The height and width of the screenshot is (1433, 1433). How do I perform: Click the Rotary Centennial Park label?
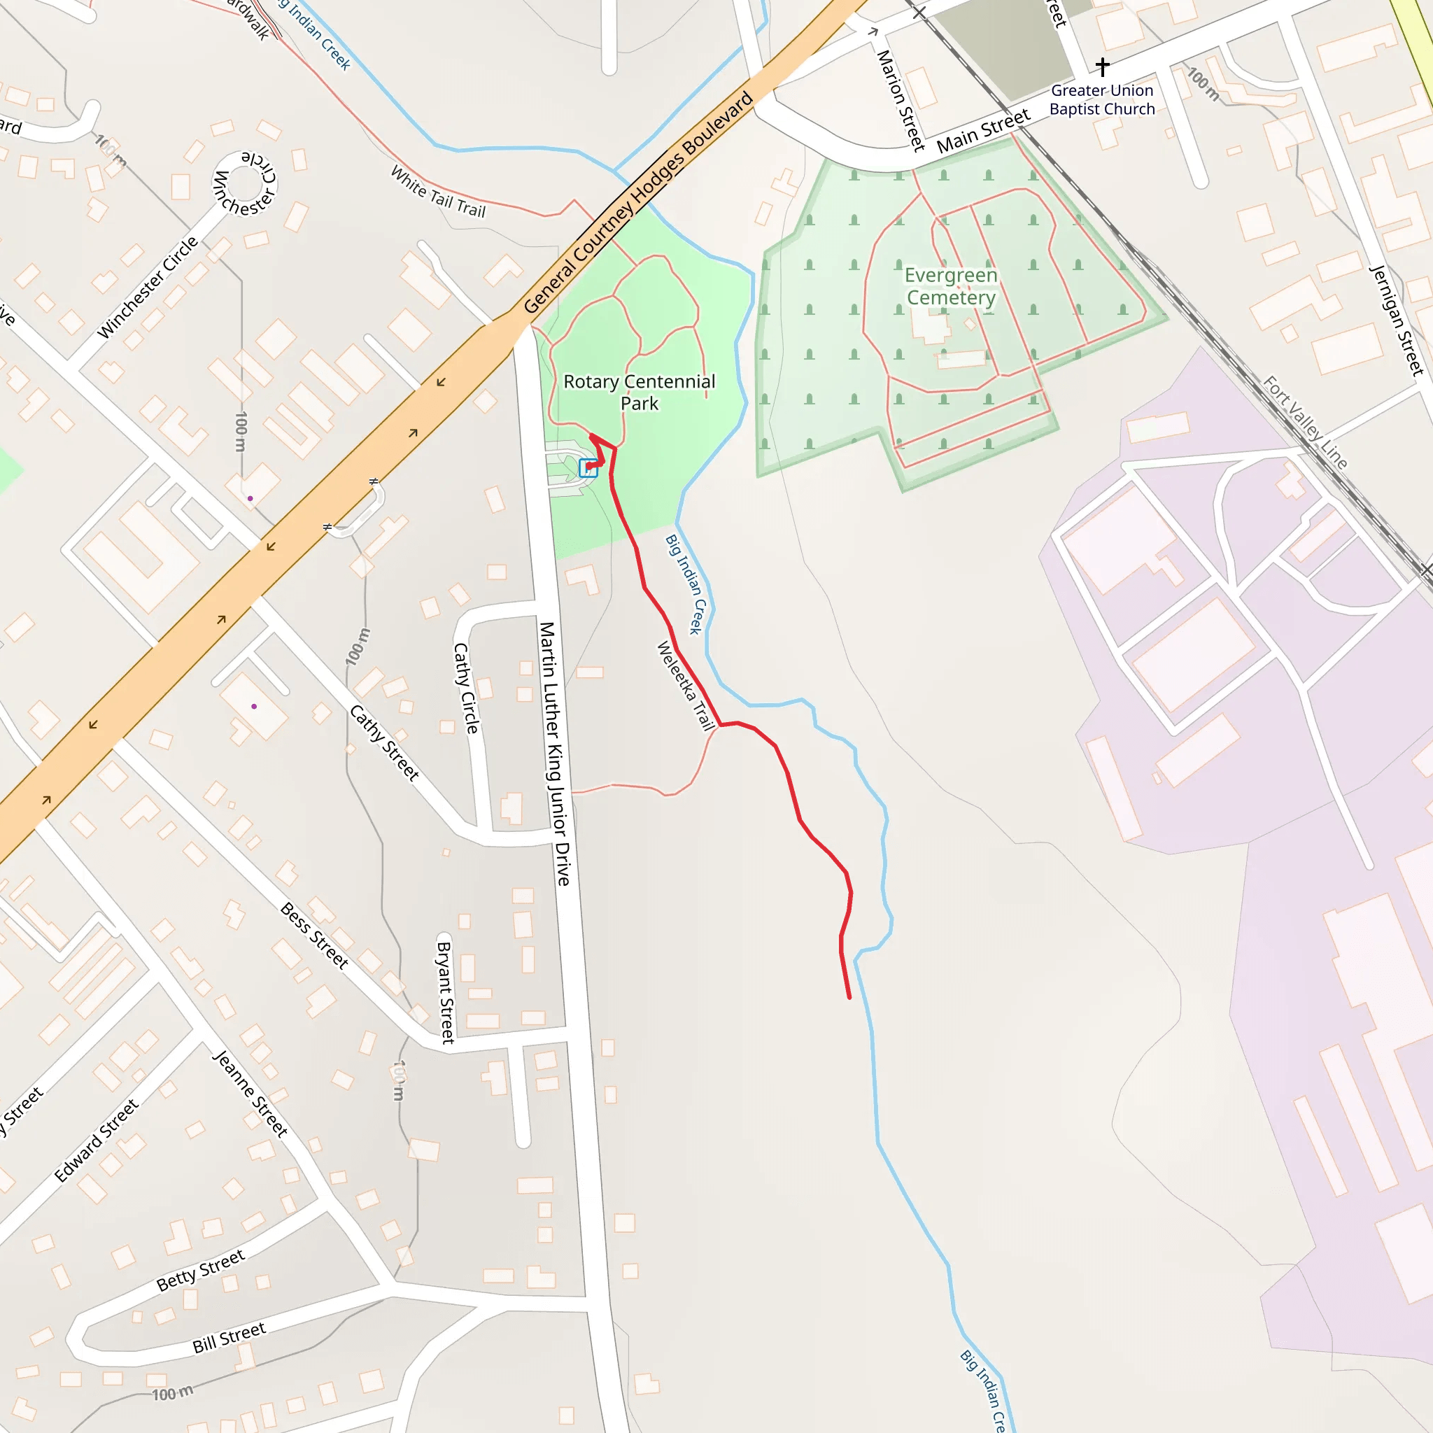639,393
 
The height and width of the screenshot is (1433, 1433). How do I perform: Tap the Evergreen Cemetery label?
951,286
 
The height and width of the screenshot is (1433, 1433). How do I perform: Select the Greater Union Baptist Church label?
1101,100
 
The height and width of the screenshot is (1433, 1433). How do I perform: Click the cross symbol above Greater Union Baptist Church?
1102,66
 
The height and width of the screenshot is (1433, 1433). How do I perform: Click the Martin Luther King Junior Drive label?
555,753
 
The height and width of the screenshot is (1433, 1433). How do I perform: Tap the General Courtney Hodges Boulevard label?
639,202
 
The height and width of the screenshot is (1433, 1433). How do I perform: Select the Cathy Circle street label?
466,688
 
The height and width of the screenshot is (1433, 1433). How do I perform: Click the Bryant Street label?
445,992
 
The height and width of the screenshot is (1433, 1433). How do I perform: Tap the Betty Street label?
200,1271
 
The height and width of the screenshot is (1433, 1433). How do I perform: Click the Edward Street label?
97,1141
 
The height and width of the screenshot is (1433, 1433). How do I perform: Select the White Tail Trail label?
437,192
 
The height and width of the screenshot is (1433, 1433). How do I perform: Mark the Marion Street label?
901,100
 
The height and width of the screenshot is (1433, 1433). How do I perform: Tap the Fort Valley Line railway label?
1306,422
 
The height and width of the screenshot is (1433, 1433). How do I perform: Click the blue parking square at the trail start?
588,468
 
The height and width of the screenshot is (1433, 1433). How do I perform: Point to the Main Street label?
984,131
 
